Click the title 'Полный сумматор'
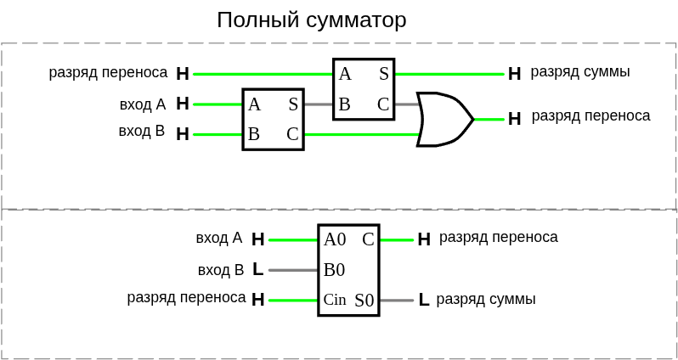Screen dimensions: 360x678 coord(311,20)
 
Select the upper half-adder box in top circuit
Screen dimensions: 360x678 coord(364,89)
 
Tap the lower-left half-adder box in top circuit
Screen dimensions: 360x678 coord(273,120)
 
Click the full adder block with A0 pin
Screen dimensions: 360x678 coord(348,270)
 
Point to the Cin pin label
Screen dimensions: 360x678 coord(335,300)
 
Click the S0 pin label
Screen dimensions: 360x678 coord(364,301)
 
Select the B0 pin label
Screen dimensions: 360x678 coord(334,270)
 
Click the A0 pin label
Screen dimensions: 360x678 coord(335,239)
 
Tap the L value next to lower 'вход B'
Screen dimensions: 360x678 coord(257,270)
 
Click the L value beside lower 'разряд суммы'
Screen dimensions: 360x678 coord(423,300)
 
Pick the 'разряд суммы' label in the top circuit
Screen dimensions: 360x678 coord(580,72)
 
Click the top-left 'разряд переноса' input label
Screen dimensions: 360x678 coord(109,73)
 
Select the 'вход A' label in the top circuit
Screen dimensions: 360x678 coord(143,104)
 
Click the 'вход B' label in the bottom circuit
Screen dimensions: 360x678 coord(221,270)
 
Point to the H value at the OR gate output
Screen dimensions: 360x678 coord(514,119)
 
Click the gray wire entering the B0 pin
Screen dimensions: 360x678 coord(293,270)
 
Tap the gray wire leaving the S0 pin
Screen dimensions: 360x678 coord(396,300)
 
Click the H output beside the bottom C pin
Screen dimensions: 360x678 coord(424,239)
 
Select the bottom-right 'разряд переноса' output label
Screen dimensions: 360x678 coord(499,238)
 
